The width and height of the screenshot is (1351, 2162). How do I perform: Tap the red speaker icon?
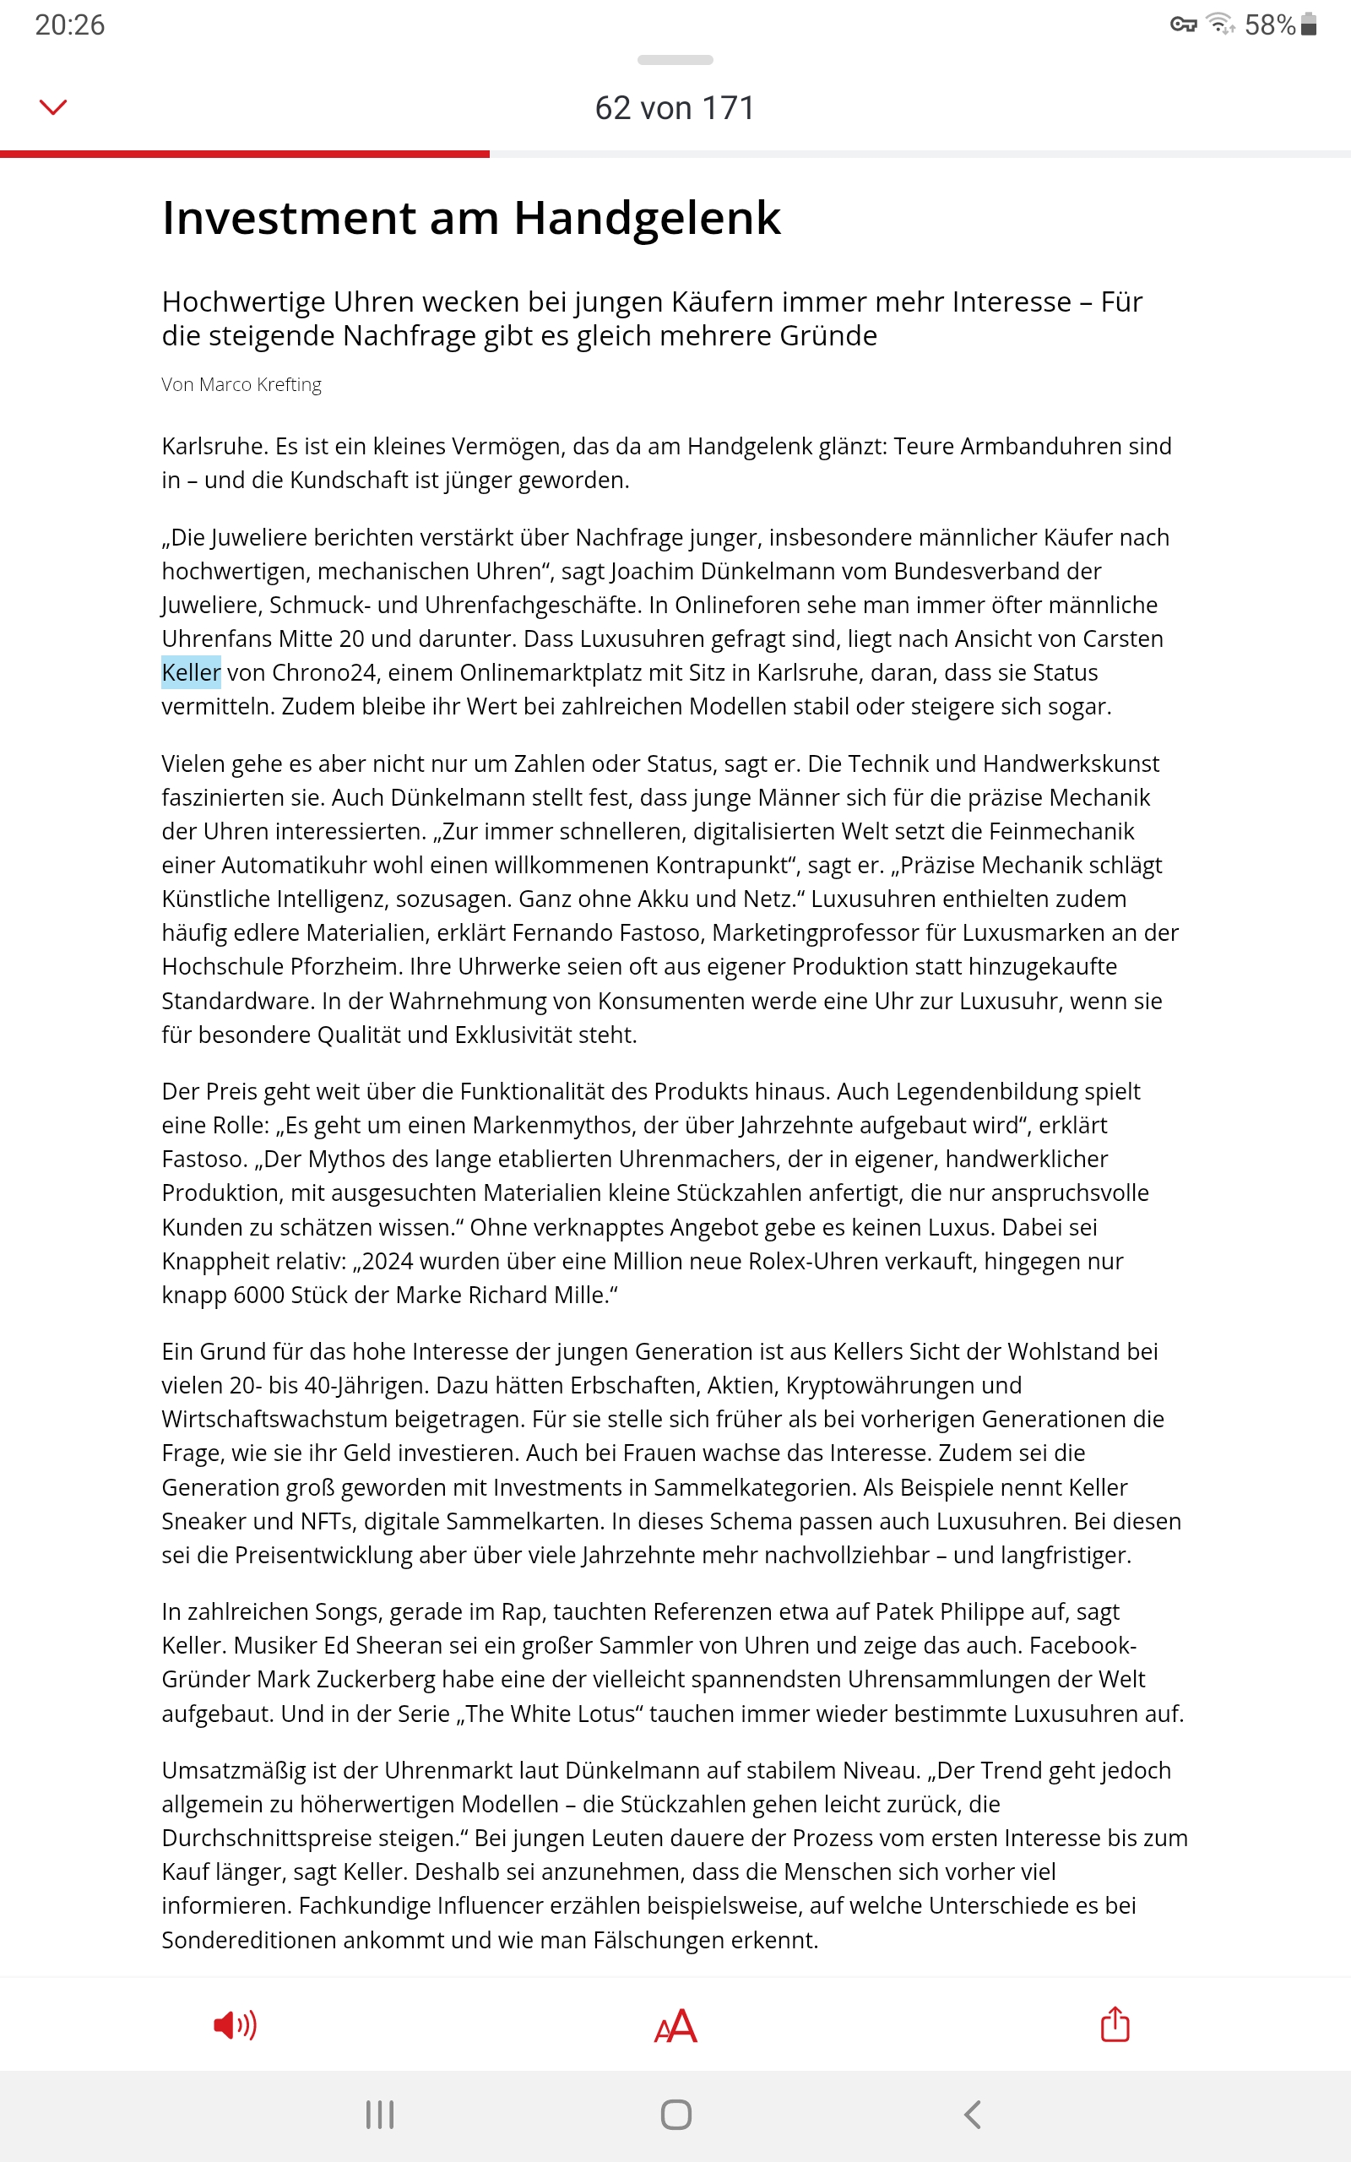[x=235, y=2024]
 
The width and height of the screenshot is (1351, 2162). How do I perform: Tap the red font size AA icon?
[x=675, y=2025]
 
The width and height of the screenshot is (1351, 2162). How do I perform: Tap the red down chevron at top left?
[x=53, y=108]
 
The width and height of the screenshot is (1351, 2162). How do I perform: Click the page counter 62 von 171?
[x=675, y=108]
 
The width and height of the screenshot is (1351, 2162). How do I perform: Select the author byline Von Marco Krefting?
[x=241, y=384]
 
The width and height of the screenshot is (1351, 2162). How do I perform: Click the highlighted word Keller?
[x=191, y=672]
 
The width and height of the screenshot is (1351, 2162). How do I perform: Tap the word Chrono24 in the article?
[x=323, y=672]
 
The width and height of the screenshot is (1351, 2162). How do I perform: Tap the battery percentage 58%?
[x=1269, y=25]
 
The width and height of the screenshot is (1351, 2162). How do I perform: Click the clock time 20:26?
[x=70, y=25]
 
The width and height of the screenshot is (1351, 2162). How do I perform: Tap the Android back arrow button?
[x=973, y=2114]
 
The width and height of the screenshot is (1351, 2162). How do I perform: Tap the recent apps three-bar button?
[x=380, y=2114]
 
